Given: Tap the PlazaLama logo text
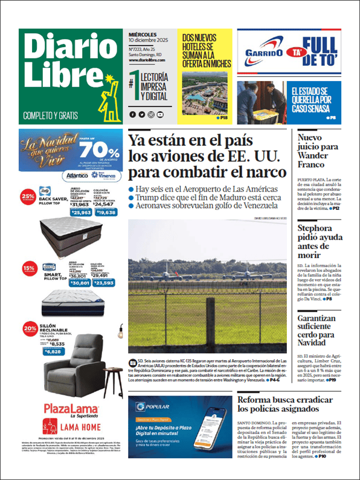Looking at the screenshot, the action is coord(68,407).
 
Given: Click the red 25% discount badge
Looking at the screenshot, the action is coord(28,196).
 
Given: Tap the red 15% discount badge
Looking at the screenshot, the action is coord(28,267).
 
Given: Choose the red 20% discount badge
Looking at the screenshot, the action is coord(28,329).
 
